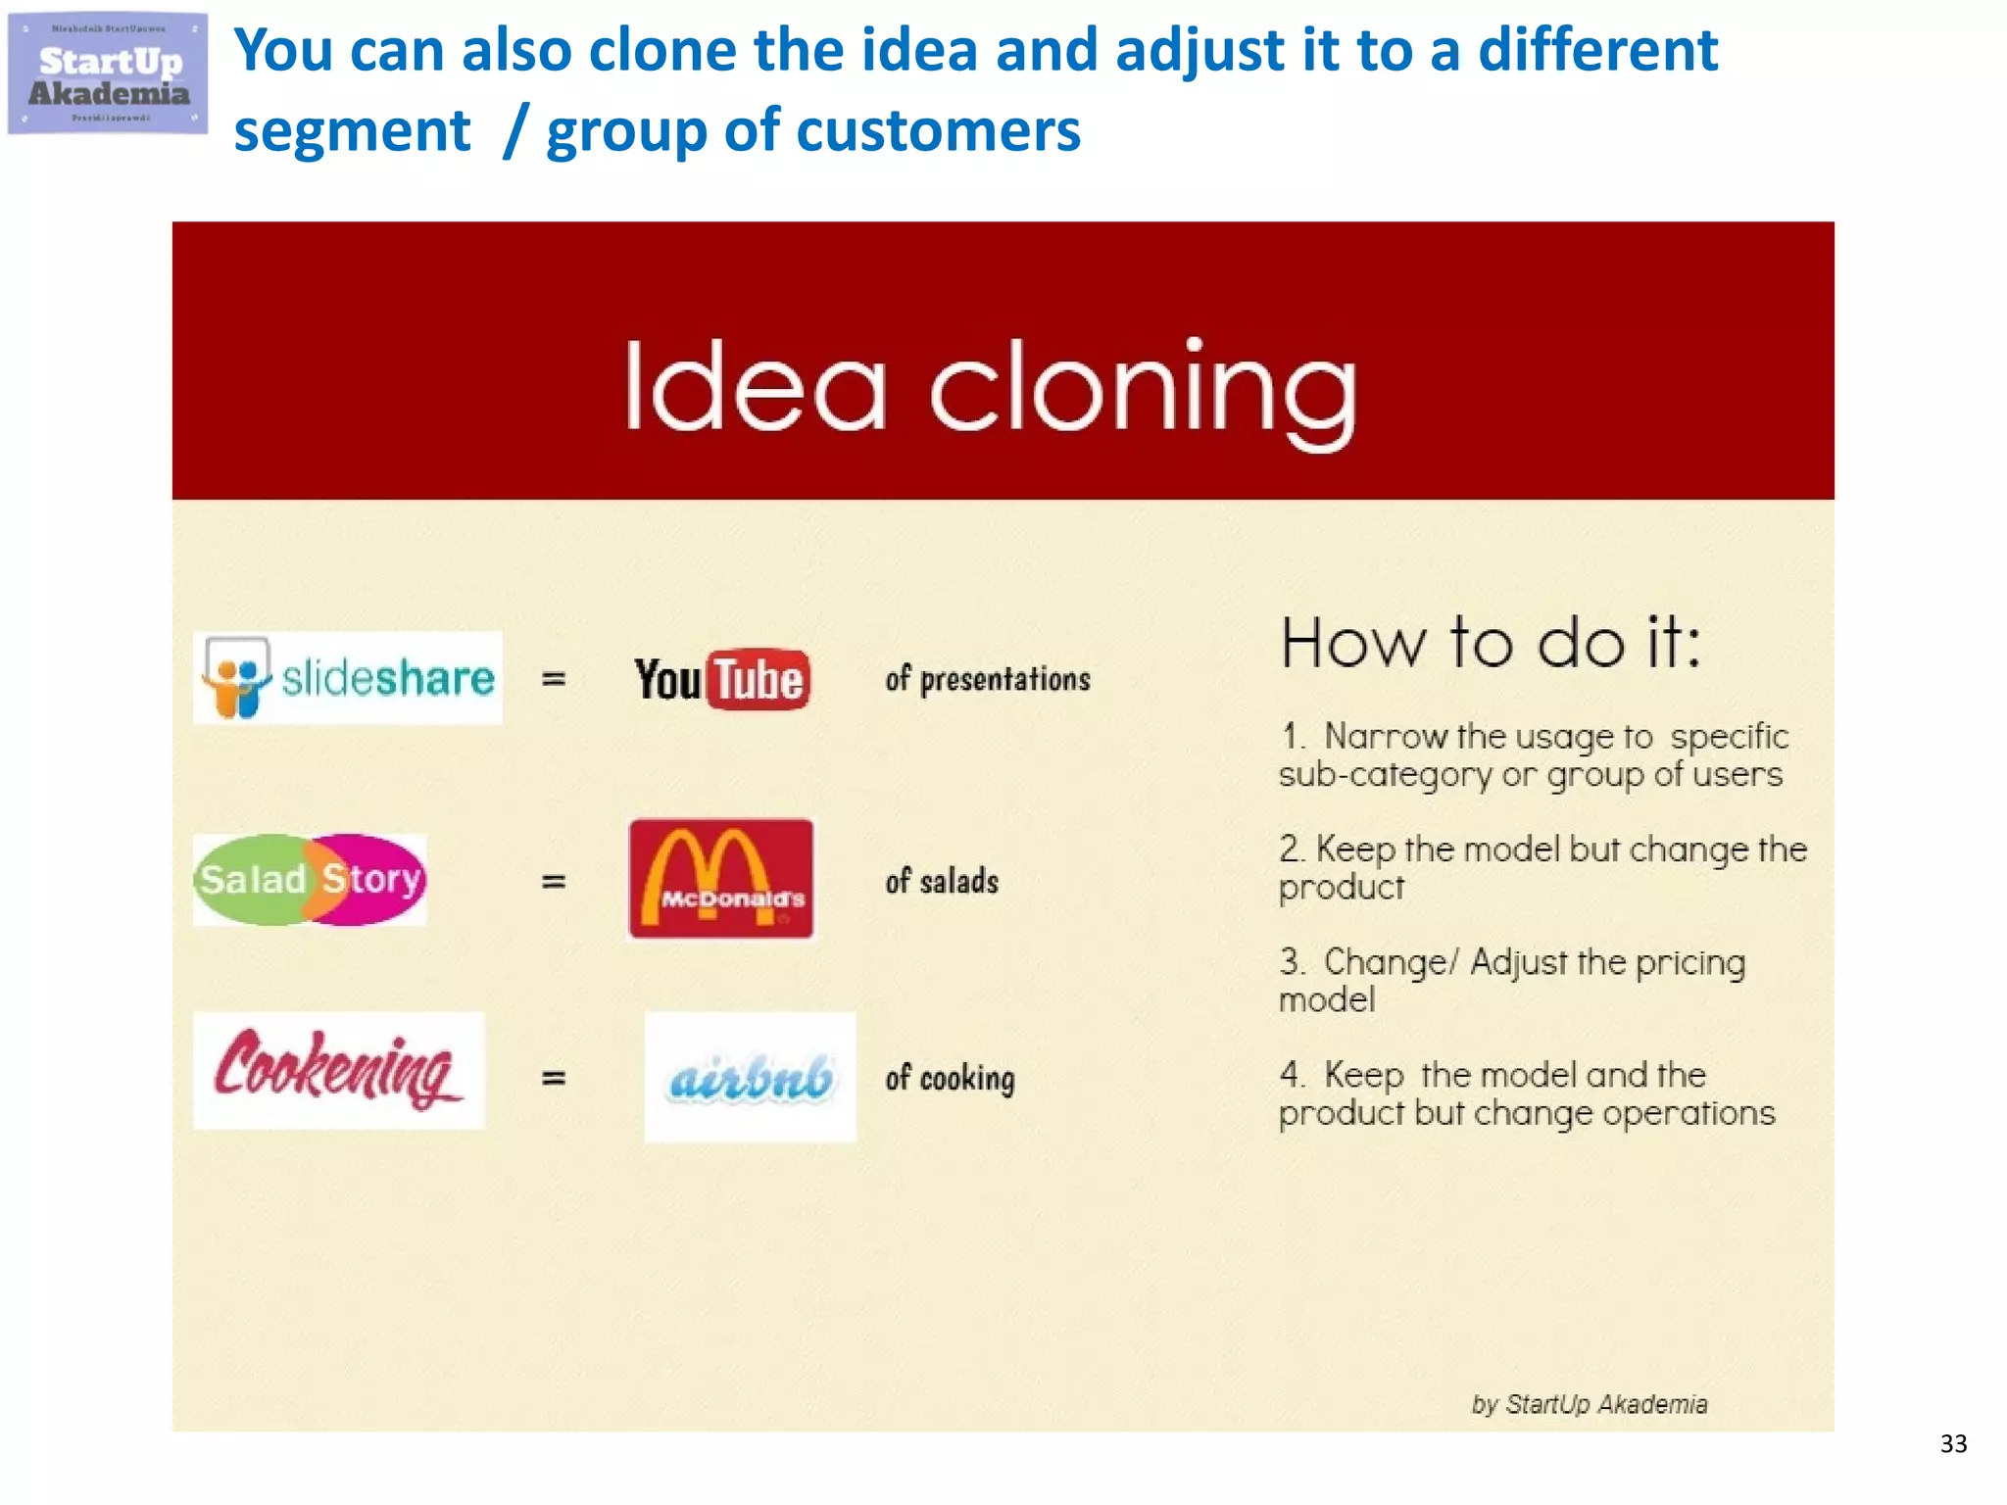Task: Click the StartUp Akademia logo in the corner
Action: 108,73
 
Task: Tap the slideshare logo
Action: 348,678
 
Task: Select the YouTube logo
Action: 722,679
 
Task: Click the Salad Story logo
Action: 310,879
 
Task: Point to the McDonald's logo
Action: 721,879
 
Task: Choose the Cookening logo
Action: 338,1070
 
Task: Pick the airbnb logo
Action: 750,1077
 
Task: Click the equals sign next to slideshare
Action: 554,678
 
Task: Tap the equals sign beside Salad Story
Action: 554,881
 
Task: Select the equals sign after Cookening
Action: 554,1078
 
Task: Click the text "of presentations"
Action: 987,679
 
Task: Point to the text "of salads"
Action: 942,881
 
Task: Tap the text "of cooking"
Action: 950,1078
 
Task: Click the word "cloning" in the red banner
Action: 1143,389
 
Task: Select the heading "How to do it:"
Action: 1491,644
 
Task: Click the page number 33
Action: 1953,1443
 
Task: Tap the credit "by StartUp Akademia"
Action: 1589,1404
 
